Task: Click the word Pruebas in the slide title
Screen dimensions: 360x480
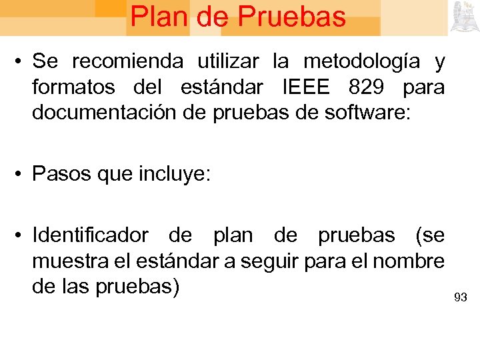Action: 291,17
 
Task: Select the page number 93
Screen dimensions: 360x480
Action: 460,297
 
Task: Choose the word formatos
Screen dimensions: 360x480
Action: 73,87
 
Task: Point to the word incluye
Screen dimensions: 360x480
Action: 175,175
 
